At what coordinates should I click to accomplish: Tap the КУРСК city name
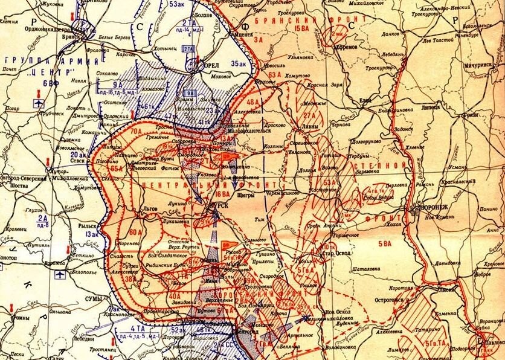218,205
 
